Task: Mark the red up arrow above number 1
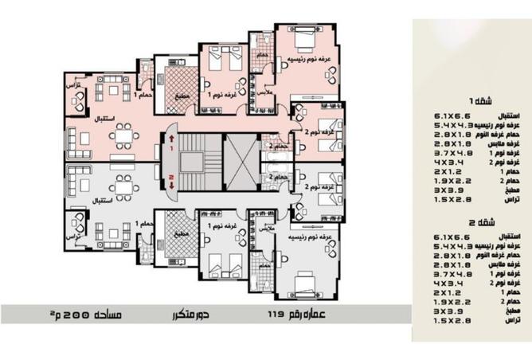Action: click(170, 138)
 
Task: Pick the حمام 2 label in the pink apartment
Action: click(273, 147)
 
